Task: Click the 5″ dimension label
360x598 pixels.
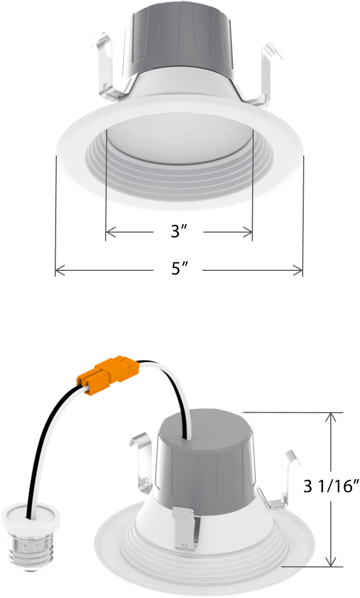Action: click(178, 270)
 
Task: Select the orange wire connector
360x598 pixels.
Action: click(108, 372)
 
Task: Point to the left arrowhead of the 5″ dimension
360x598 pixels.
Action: click(59, 271)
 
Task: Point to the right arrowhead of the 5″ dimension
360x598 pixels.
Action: click(299, 271)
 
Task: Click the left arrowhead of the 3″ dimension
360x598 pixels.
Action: click(109, 231)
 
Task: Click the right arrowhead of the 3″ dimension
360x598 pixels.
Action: click(248, 231)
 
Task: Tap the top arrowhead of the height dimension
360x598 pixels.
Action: click(331, 417)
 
